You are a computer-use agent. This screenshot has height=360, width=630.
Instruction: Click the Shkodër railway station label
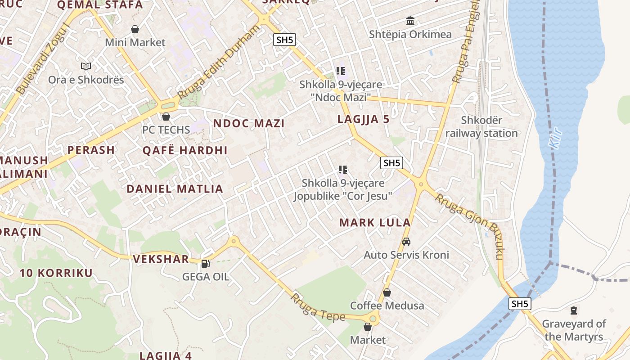(x=481, y=127)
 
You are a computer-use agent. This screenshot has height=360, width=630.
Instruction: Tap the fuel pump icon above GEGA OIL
(x=205, y=264)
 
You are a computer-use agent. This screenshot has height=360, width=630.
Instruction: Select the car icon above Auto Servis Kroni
(x=406, y=242)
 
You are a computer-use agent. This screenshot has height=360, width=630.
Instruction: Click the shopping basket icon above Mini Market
(x=135, y=30)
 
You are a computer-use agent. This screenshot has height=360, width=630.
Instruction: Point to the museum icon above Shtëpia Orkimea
(x=410, y=21)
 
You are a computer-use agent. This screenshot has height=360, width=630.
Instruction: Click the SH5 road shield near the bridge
(x=520, y=304)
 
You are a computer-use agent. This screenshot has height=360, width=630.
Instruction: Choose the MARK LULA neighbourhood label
(x=375, y=223)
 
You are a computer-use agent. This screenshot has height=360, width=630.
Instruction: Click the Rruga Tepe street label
(x=318, y=308)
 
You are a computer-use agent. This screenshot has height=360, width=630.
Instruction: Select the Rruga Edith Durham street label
(x=219, y=62)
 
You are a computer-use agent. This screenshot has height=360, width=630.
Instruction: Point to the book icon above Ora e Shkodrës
(x=86, y=67)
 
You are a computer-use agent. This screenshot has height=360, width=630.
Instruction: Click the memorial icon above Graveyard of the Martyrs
(x=574, y=310)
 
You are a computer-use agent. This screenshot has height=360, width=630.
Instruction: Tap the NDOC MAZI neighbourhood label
(x=249, y=124)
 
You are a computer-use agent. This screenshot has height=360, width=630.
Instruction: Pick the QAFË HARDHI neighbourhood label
(x=185, y=151)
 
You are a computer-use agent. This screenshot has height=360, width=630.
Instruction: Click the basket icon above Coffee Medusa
(x=387, y=292)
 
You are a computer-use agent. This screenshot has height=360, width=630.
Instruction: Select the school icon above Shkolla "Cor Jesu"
(x=343, y=170)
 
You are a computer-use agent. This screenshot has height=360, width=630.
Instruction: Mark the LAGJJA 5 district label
(x=363, y=120)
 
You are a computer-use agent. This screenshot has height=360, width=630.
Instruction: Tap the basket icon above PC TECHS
(x=166, y=117)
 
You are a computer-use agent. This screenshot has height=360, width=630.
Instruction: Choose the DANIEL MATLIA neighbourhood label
(x=175, y=189)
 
